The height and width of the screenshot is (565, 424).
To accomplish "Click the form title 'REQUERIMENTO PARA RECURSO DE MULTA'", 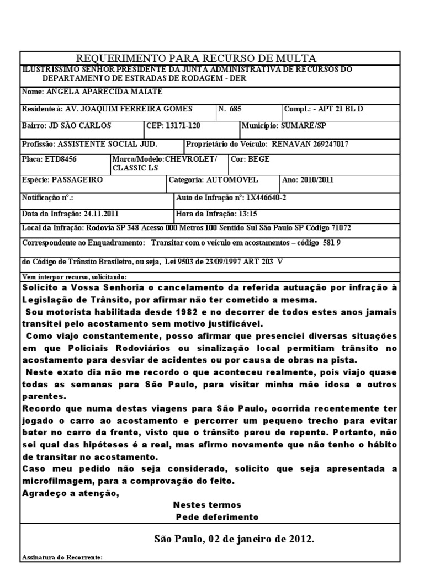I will coord(196,58).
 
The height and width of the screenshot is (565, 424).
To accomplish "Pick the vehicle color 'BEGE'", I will coord(259,159).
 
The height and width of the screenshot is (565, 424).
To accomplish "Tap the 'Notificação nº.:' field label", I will coord(47,197).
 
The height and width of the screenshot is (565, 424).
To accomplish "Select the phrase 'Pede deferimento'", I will coord(217,517).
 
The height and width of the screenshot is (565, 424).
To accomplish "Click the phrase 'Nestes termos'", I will coord(207,505).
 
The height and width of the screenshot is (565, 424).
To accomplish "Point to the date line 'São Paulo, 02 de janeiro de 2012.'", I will coord(234,539).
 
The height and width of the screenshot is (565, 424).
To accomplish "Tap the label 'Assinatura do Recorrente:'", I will coord(62,558).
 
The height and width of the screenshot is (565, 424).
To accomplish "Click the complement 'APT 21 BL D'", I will coord(343,109).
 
